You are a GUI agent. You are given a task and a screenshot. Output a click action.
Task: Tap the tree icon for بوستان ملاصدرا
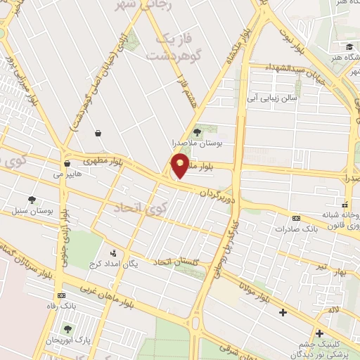(x=197, y=129)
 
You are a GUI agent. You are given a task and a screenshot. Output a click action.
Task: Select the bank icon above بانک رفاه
(x=61, y=295)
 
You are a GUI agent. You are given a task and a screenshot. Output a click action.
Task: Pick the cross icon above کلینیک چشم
(x=320, y=333)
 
